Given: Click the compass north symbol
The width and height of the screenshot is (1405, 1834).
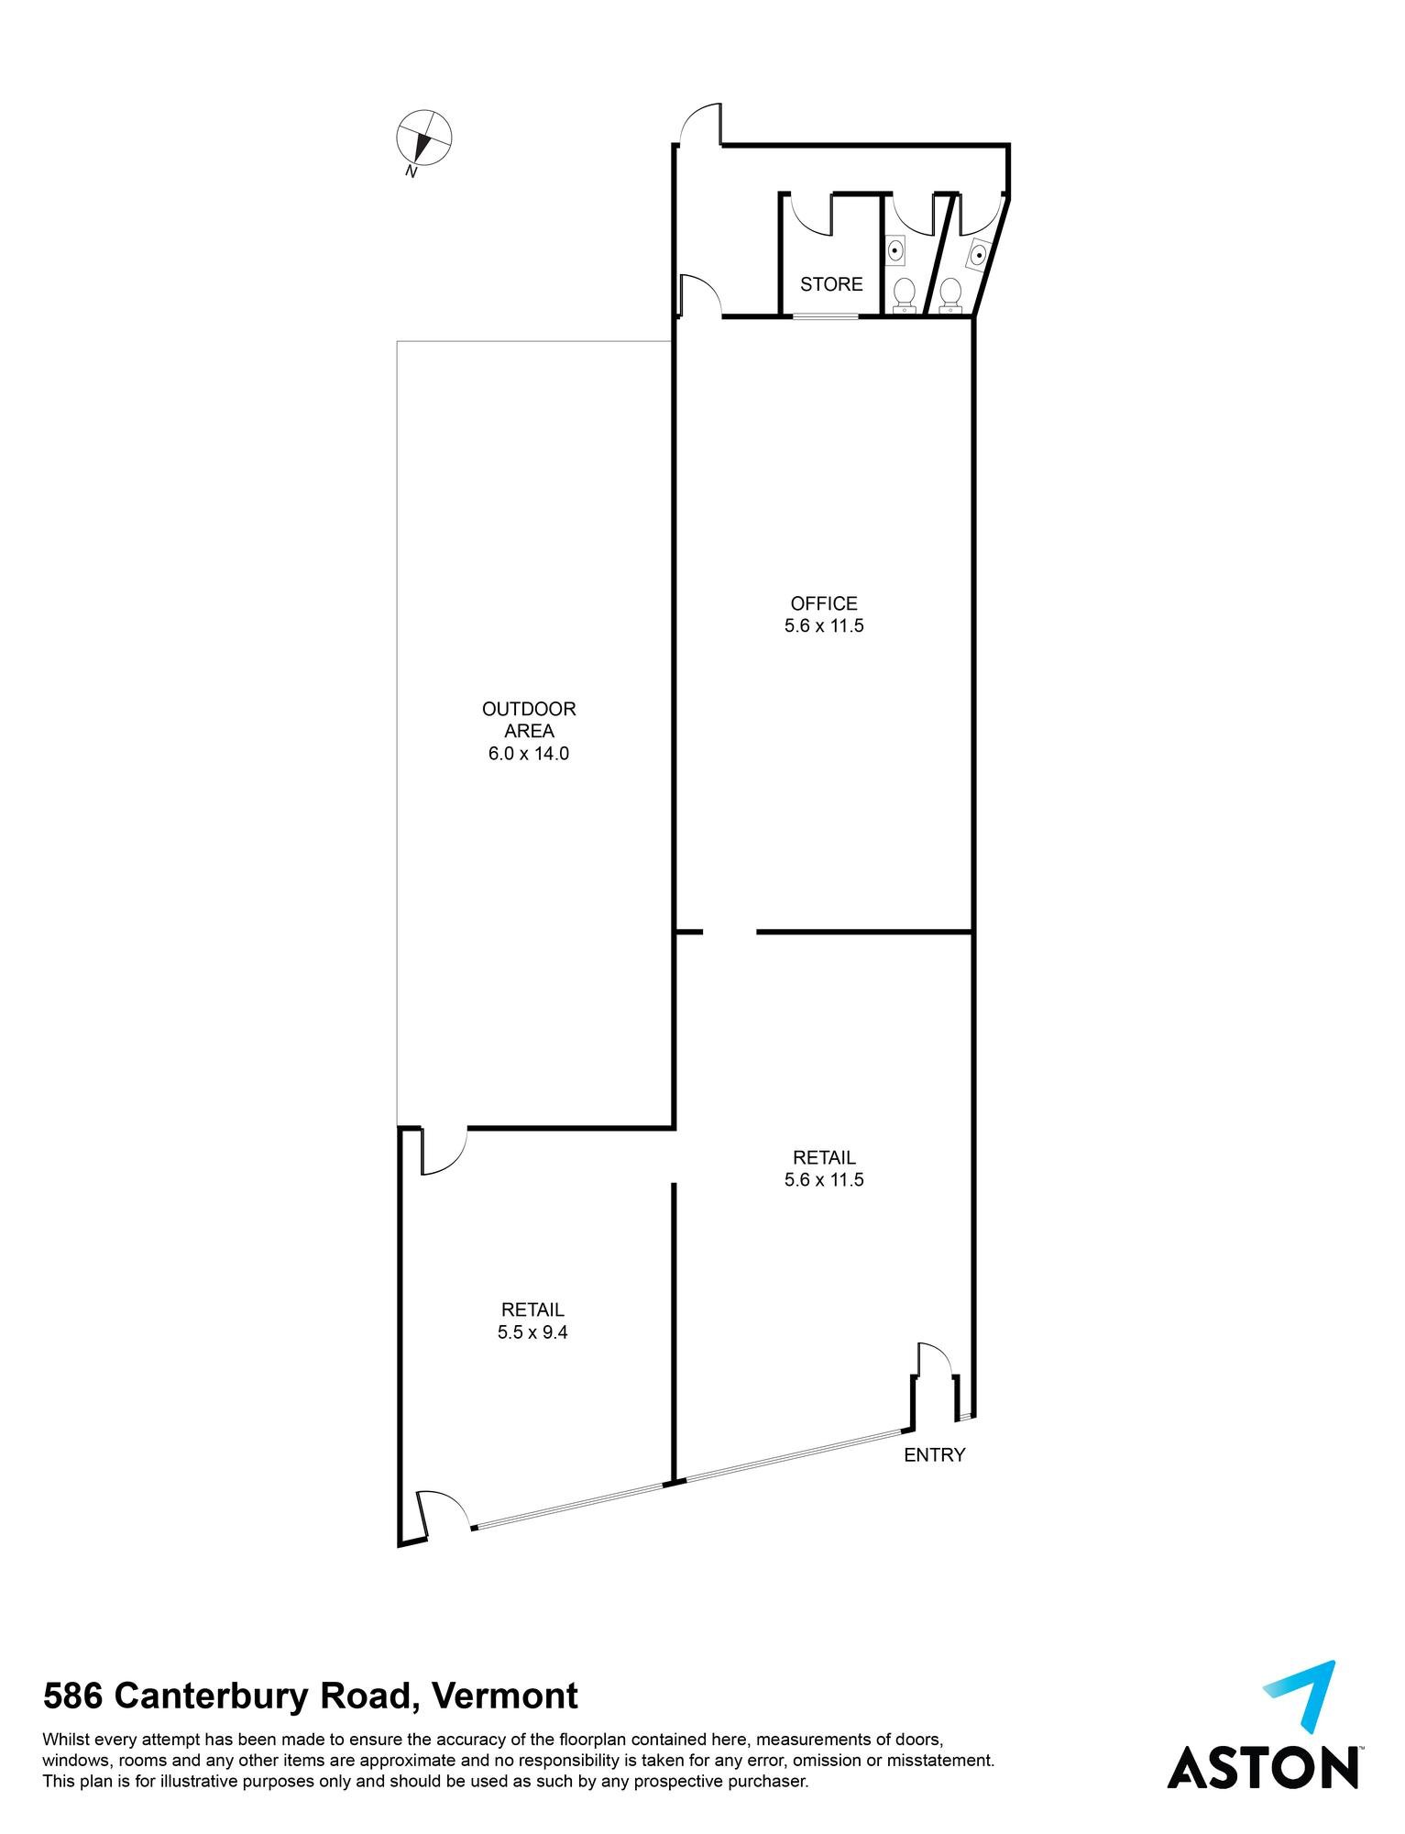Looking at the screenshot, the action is [x=423, y=138].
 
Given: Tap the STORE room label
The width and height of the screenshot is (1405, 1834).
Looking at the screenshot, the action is [x=831, y=284].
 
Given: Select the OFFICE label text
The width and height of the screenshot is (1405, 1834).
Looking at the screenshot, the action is [x=824, y=603].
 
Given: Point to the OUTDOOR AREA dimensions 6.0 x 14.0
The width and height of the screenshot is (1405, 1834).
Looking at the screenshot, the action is [x=529, y=754].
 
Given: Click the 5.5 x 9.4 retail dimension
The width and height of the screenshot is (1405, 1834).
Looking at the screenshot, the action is [x=532, y=1332].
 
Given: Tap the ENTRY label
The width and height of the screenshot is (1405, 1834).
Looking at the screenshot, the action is [x=934, y=1454].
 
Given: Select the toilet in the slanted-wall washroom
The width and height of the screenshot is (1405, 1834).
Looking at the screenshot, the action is [x=950, y=295].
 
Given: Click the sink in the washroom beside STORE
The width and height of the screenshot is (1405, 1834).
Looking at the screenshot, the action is [x=896, y=249].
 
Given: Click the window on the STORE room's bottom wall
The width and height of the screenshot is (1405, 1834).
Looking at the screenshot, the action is [x=826, y=317].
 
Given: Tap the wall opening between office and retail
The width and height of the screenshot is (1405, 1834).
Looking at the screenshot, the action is [x=730, y=933].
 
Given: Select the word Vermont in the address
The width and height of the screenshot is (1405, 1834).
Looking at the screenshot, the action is [x=505, y=1696].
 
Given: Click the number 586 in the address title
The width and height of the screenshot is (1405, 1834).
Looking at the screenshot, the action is [x=74, y=1696].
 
